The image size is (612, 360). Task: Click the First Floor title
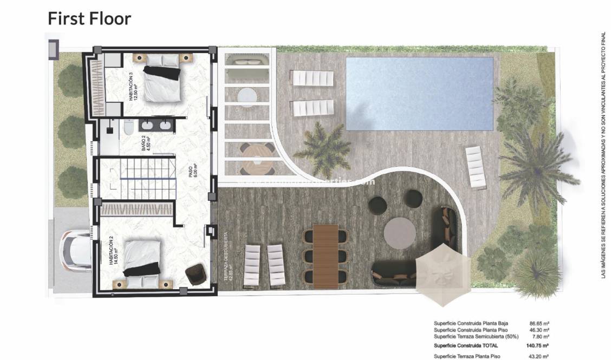tap(89, 18)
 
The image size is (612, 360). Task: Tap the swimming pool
tap(419, 94)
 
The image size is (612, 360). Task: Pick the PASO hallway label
tap(192, 172)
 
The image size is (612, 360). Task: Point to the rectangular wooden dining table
tap(324, 254)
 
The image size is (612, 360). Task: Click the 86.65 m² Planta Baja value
tap(539, 323)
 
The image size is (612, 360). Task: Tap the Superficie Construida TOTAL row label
tap(466, 345)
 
